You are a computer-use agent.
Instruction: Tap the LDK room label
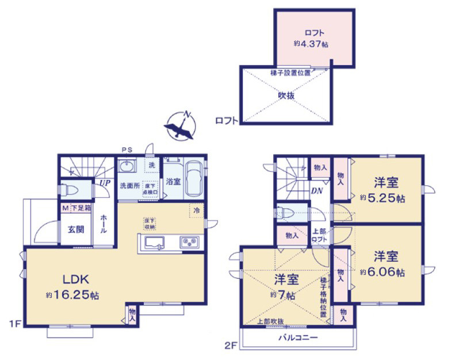pyautogui.click(x=75, y=280)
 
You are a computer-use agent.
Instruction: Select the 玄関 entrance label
pyautogui.click(x=76, y=229)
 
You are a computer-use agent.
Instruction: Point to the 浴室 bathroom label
pyautogui.click(x=174, y=181)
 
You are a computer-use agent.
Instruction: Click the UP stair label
pyautogui.click(x=104, y=183)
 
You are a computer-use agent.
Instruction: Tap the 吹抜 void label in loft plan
pyautogui.click(x=286, y=96)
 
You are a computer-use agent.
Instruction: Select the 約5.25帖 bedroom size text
pyautogui.click(x=382, y=198)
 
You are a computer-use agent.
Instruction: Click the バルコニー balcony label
pyautogui.click(x=298, y=338)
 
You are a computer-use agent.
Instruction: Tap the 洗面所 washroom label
pyautogui.click(x=129, y=186)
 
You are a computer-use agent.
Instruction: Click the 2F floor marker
pyautogui.click(x=231, y=345)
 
